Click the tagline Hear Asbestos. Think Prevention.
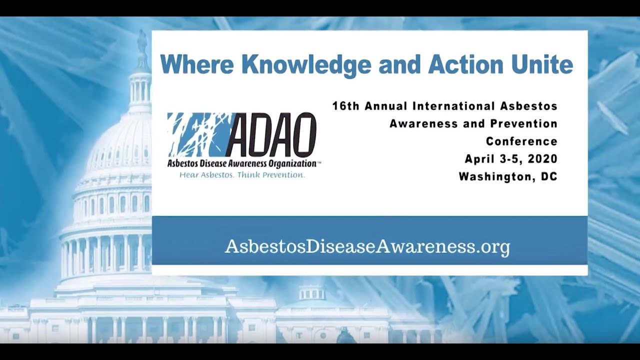(242, 175)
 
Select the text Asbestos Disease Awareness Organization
(242, 163)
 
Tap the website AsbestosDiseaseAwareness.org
(367, 246)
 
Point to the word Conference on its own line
(521, 141)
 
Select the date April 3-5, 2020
(511, 159)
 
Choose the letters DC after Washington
(549, 176)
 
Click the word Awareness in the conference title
(421, 123)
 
